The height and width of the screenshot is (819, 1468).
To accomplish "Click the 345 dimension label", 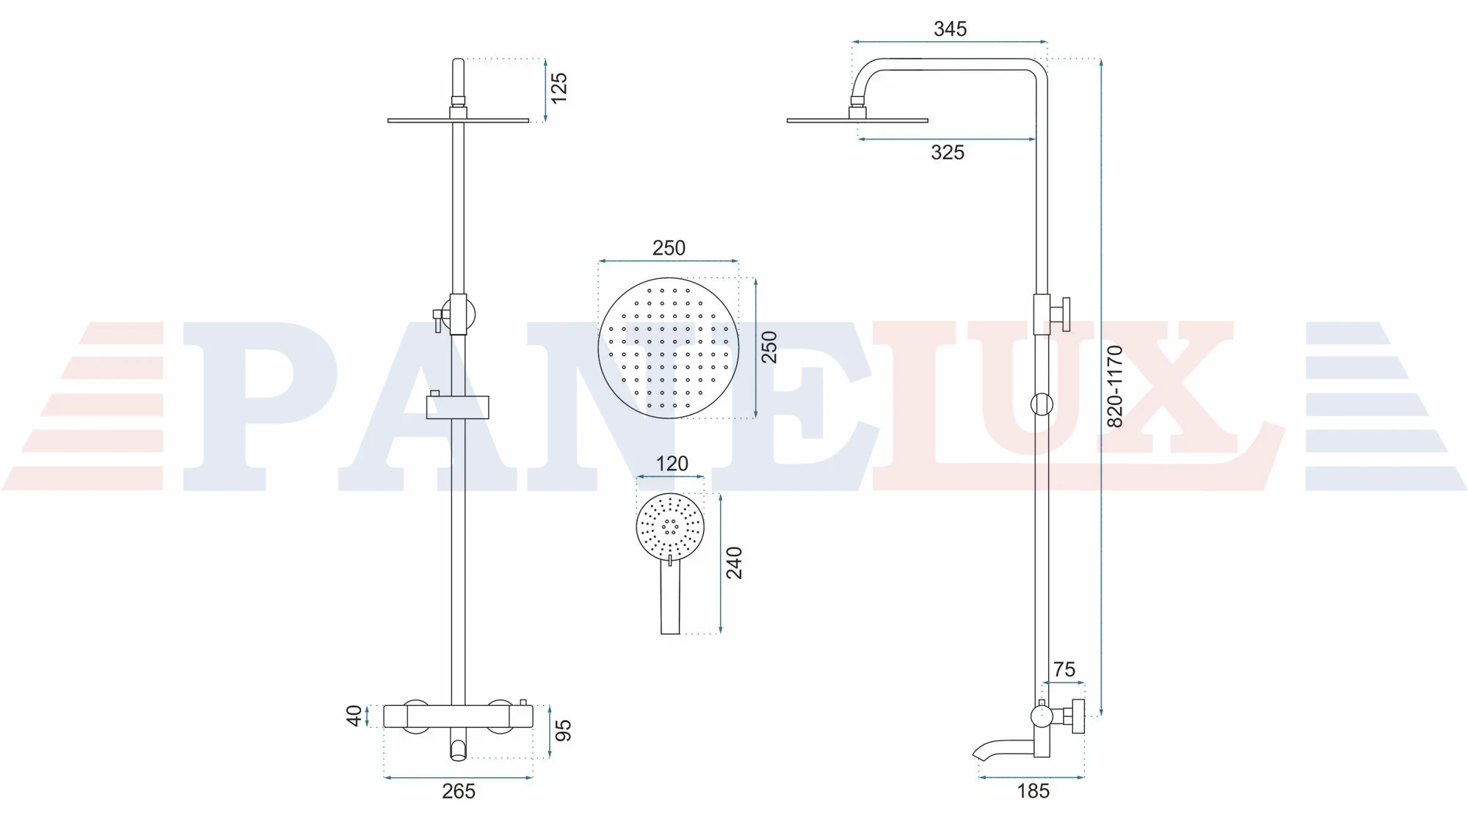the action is (x=950, y=29).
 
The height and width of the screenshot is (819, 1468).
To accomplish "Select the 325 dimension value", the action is (x=948, y=153).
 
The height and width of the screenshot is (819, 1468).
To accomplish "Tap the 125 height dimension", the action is (x=559, y=88).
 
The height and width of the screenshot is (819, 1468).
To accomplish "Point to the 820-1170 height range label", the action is (x=1114, y=386).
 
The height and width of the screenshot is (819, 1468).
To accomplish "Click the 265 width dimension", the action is (x=459, y=791).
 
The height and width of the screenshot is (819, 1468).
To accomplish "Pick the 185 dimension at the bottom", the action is (x=1033, y=791).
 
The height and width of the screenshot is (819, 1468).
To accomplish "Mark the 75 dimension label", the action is (x=1064, y=669).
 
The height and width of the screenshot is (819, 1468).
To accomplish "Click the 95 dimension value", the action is (x=563, y=730).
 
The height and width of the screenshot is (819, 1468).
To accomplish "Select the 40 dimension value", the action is (x=355, y=716).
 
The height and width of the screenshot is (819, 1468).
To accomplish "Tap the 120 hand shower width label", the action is (x=672, y=464).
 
